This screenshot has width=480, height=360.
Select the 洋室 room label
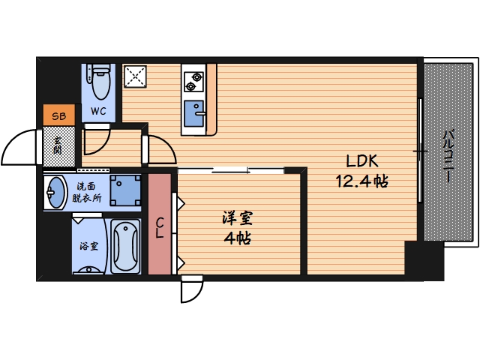tap(238, 219)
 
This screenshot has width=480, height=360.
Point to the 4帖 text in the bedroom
tap(238, 238)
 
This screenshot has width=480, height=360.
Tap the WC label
tap(99, 112)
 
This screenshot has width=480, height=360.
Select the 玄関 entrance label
tap(58, 145)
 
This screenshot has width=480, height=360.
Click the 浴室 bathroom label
tap(89, 245)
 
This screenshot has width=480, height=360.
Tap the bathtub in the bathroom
tap(126, 247)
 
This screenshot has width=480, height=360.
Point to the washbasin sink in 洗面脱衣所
tap(55, 192)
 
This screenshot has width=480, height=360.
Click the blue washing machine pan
tap(125, 190)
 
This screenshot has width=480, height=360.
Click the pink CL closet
tap(160, 224)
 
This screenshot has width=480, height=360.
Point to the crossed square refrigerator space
tap(136, 76)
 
